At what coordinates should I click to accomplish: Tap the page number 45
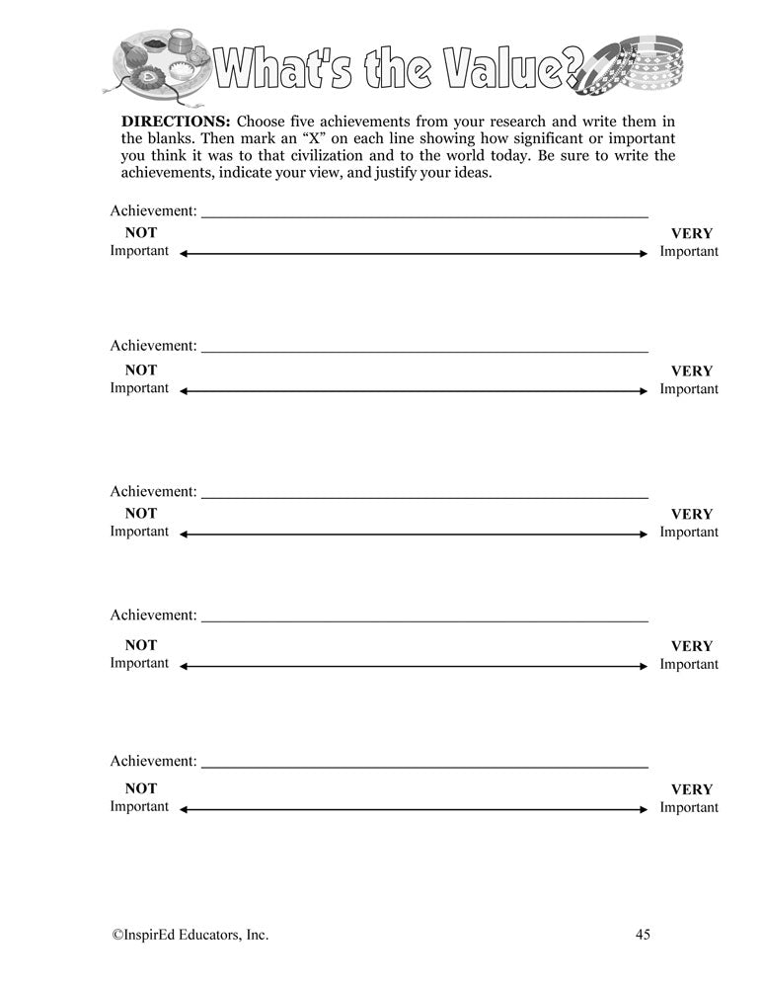[643, 934]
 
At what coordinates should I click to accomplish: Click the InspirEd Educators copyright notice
[189, 934]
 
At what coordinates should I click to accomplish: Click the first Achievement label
[153, 210]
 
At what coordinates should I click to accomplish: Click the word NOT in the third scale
[140, 513]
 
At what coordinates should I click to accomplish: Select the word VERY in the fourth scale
[691, 646]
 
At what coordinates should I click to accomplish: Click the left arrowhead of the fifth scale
[184, 809]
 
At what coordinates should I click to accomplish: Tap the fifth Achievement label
[153, 762]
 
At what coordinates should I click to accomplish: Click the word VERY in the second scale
[691, 370]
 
